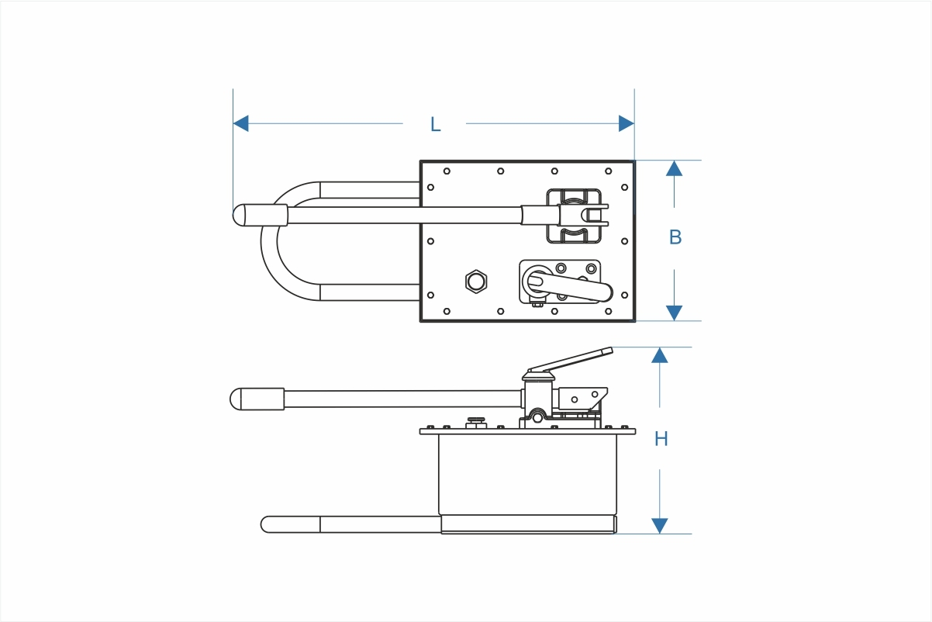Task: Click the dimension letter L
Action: (x=435, y=124)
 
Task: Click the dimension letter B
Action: (x=675, y=237)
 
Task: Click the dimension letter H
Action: (x=661, y=438)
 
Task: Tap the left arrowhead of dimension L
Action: (x=241, y=123)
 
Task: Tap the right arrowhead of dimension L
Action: (x=627, y=123)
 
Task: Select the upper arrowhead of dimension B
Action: (x=674, y=168)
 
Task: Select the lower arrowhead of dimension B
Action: (x=674, y=313)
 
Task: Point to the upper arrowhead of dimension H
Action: (x=660, y=355)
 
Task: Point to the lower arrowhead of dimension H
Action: (x=660, y=526)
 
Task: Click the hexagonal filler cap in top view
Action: (x=476, y=282)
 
